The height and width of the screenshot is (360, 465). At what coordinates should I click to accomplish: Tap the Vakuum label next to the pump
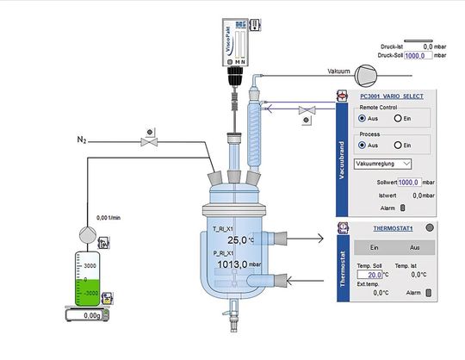342,71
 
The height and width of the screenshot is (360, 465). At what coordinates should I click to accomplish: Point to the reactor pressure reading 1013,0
232,265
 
